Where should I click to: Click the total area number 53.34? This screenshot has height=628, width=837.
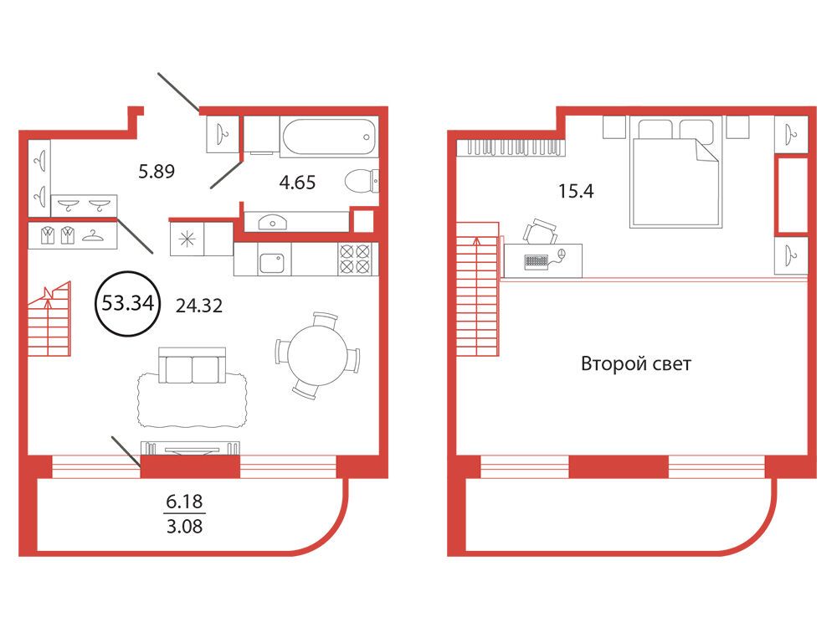pos(127,303)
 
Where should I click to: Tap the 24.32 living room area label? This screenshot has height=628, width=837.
pos(199,306)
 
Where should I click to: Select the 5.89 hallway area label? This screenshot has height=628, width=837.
pos(157,172)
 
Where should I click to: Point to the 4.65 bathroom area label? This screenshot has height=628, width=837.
pos(297,183)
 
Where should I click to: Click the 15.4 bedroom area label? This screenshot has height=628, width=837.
pos(576,191)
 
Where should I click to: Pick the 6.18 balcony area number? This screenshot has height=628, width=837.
pos(184,502)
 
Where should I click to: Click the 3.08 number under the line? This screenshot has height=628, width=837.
pos(184,527)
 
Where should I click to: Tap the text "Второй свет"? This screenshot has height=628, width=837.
pos(636,364)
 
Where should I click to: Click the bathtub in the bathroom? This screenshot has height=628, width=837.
pos(329,137)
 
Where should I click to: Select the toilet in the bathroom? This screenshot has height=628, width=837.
pos(362,181)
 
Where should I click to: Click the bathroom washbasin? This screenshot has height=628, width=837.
pos(272,222)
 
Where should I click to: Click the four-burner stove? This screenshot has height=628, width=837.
pos(354,260)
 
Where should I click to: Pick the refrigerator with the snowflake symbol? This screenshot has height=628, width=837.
pos(187,239)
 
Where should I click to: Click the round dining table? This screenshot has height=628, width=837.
pos(317,355)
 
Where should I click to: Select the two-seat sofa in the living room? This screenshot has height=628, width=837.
pos(193,367)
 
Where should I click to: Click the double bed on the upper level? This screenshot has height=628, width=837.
pos(675,172)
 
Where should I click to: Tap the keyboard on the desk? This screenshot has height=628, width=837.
pos(537,261)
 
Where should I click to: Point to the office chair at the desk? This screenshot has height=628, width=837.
pos(540,232)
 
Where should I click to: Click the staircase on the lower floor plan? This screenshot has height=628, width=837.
pos(49,319)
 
